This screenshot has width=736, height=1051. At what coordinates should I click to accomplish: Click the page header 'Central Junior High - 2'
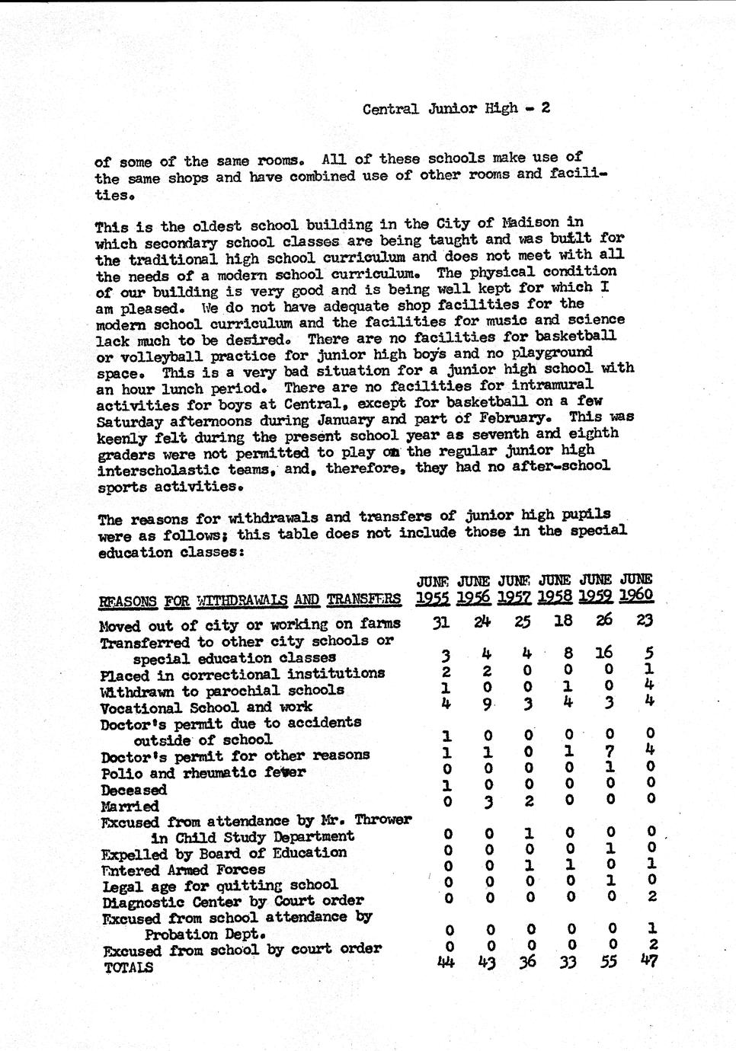tap(456, 108)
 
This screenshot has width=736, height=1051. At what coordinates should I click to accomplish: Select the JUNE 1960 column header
tap(636, 587)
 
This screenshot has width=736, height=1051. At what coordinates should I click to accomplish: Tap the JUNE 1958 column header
tap(554, 588)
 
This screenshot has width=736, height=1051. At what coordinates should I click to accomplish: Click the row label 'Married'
tap(130, 806)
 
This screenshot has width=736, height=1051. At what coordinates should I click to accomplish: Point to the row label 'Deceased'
tap(133, 790)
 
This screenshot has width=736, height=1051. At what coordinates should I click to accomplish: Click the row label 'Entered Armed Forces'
tap(183, 870)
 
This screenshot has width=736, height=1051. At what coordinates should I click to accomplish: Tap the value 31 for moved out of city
tap(440, 622)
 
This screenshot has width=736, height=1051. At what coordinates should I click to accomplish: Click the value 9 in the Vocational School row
tap(487, 704)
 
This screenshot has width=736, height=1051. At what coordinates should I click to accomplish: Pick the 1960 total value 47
tap(648, 960)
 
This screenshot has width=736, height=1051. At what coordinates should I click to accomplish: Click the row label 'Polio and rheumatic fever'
tap(203, 773)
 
